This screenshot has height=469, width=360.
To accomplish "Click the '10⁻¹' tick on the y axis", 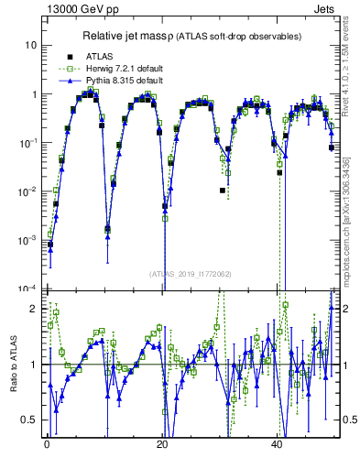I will pyautogui.click(x=28, y=143).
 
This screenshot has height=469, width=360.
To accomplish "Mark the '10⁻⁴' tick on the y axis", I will pyautogui.click(x=28, y=289).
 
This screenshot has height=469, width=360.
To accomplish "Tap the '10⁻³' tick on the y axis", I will pyautogui.click(x=28, y=240).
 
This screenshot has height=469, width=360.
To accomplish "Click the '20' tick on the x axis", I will pyautogui.click(x=161, y=441).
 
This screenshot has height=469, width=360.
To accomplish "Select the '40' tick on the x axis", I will pyautogui.click(x=277, y=441).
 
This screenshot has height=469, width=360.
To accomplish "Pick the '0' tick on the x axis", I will pyautogui.click(x=46, y=441).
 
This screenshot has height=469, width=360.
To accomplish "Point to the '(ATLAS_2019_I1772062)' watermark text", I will pyautogui.click(x=191, y=273).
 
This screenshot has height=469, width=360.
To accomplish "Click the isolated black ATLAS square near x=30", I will pyautogui.click(x=223, y=191).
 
